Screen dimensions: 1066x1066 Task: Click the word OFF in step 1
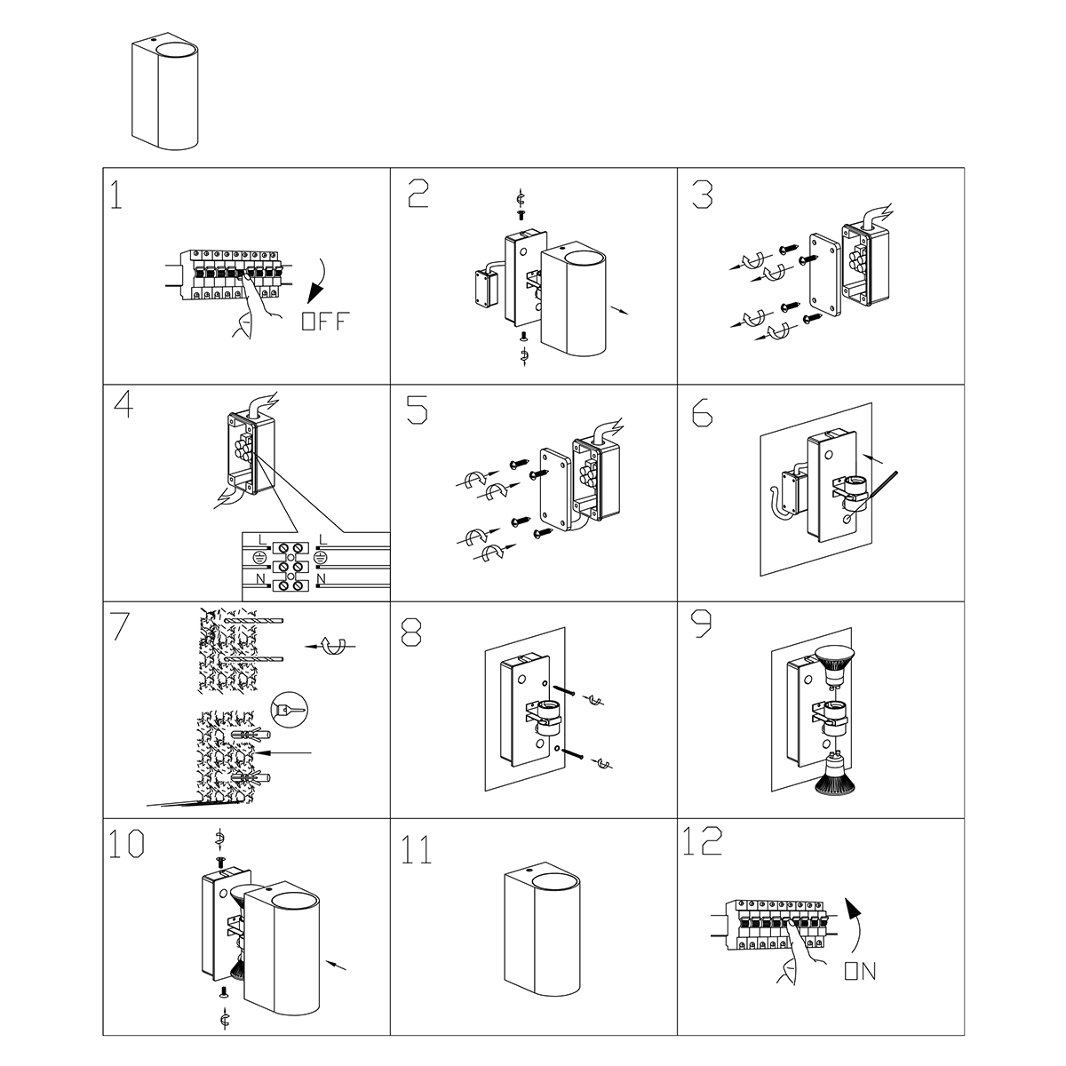coord(326,322)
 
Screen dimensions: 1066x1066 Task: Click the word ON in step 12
coord(860,972)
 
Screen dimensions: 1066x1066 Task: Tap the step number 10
coord(127,844)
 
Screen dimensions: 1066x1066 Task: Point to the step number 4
coord(123,404)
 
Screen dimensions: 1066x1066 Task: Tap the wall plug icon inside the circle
coord(290,709)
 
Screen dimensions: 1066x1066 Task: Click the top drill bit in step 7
coord(253,621)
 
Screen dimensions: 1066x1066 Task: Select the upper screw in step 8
coord(564,690)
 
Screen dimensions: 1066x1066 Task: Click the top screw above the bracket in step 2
coord(520,215)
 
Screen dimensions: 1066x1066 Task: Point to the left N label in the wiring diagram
coord(260,578)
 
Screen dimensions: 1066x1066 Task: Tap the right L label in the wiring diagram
coord(324,539)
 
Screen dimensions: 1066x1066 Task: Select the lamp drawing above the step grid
coord(165,93)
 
